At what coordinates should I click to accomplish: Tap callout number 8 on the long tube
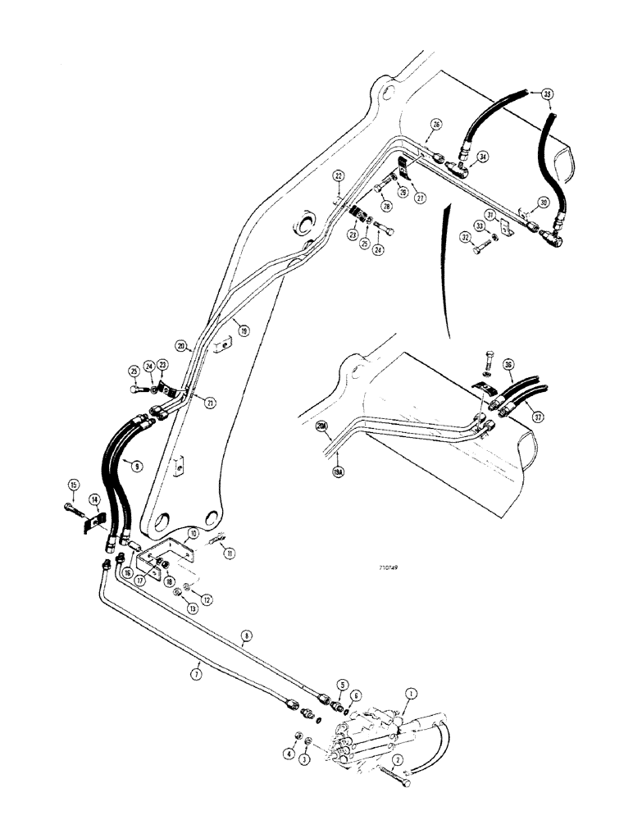[244, 635]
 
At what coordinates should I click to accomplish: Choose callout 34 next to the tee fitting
[482, 156]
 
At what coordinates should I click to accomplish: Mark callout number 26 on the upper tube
[436, 125]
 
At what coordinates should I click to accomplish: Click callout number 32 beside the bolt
[467, 238]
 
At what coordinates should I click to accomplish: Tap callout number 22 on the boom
[338, 177]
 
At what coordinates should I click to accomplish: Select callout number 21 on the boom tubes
[212, 402]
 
